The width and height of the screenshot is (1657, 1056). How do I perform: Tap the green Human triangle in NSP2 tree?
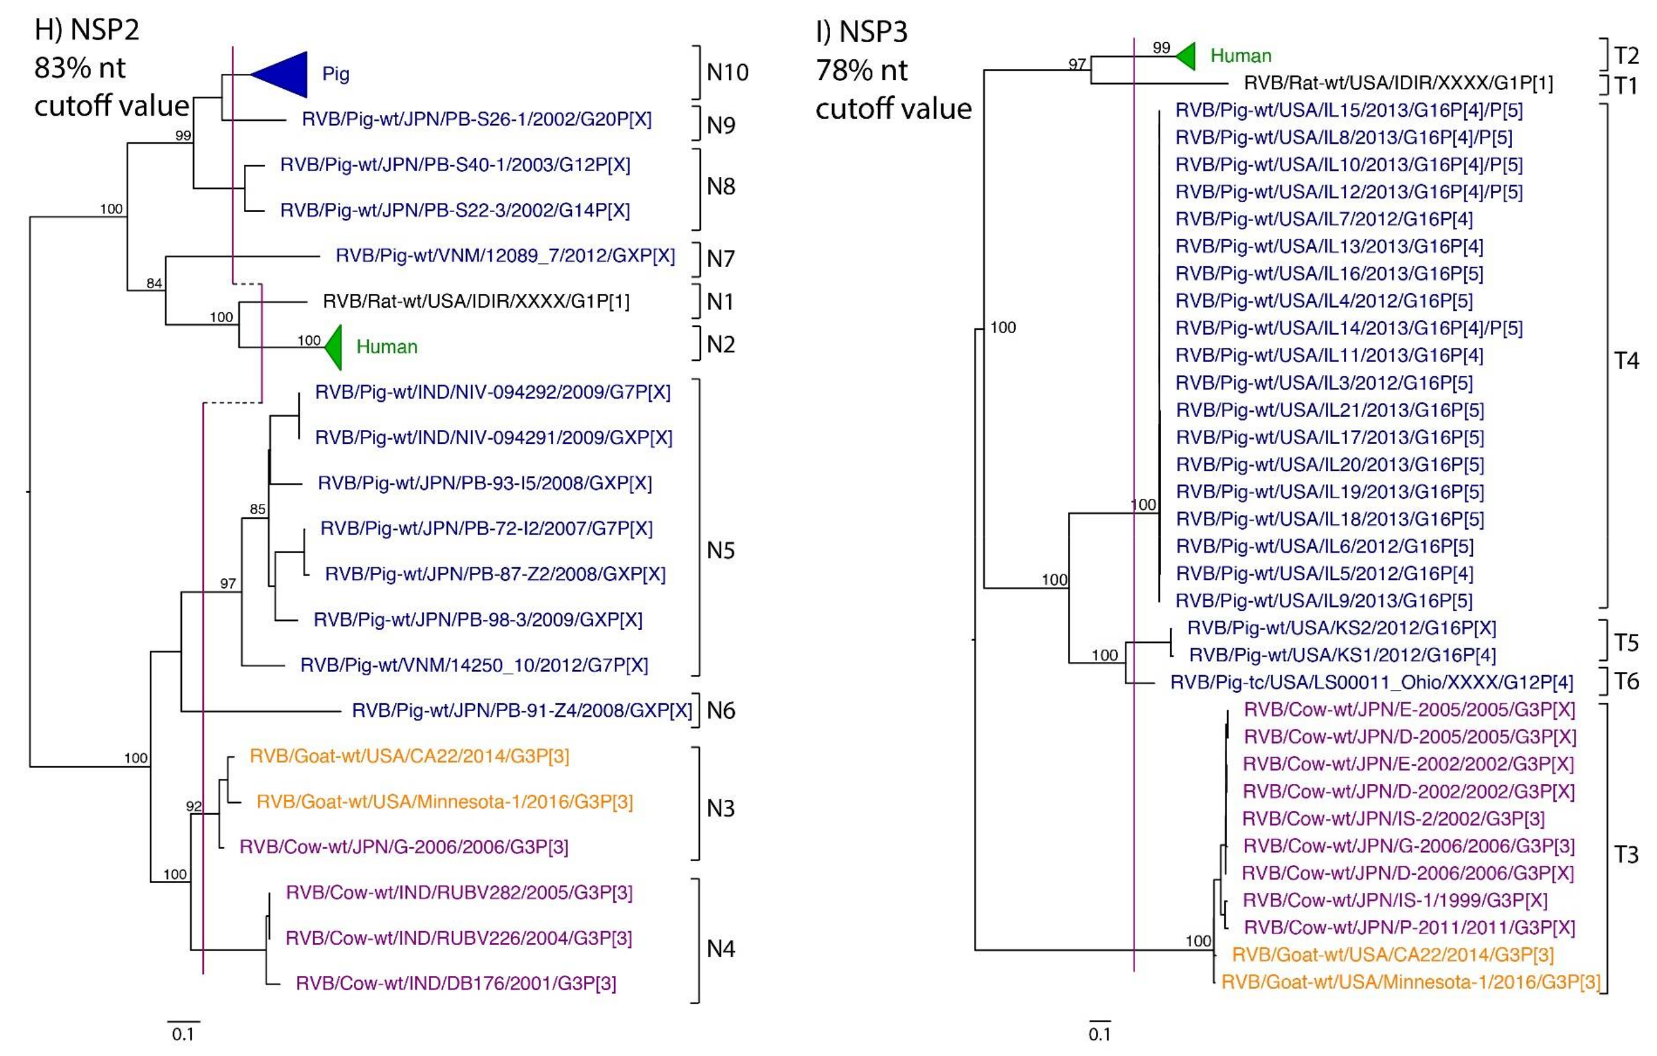(335, 348)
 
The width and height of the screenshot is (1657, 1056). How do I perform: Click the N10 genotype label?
(727, 72)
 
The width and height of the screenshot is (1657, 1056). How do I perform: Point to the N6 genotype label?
(720, 710)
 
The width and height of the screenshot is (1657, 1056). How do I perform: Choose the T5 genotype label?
(1627, 643)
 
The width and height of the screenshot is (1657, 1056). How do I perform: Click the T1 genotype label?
(1626, 86)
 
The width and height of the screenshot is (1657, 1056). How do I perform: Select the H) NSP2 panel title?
(87, 29)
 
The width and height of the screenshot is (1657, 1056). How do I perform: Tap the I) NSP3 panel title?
(861, 32)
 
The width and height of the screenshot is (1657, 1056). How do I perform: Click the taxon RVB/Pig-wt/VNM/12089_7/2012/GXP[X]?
(505, 256)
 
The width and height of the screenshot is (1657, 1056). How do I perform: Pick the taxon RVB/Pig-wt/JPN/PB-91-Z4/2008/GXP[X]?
(521, 710)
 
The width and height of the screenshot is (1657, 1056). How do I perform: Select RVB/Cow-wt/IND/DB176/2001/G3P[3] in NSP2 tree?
(456, 983)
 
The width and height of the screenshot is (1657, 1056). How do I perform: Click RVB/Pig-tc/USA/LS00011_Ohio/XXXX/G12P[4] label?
(1371, 682)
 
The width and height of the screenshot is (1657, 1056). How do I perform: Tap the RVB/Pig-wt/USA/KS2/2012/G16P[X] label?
(1342, 627)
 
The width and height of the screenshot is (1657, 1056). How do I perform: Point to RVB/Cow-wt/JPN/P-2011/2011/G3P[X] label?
(1409, 928)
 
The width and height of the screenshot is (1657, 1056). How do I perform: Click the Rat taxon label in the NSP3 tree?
(1398, 83)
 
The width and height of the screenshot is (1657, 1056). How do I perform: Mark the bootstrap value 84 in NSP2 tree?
(154, 283)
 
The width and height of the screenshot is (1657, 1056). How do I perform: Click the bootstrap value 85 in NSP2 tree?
(258, 510)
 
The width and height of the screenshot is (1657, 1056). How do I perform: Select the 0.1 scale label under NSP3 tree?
(1099, 1035)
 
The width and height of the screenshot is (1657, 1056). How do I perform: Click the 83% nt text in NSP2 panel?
(80, 68)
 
